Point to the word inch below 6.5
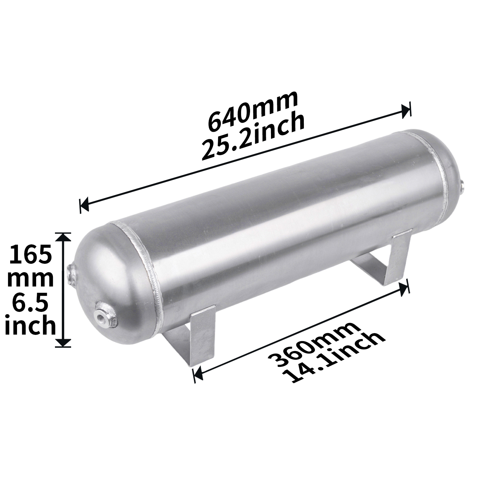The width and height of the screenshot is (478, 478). (30, 327)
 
